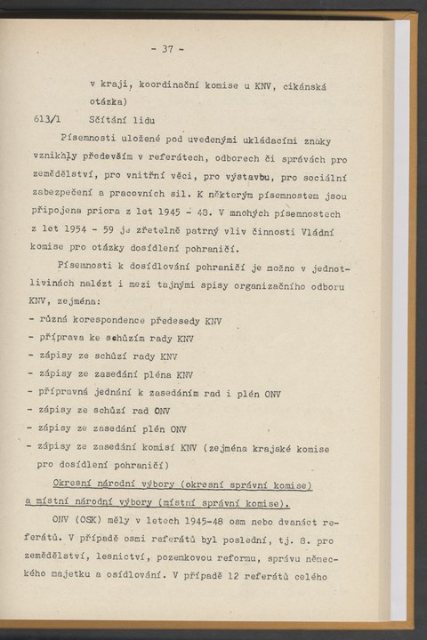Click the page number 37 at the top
click(x=166, y=49)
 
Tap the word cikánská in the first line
click(x=302, y=85)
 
